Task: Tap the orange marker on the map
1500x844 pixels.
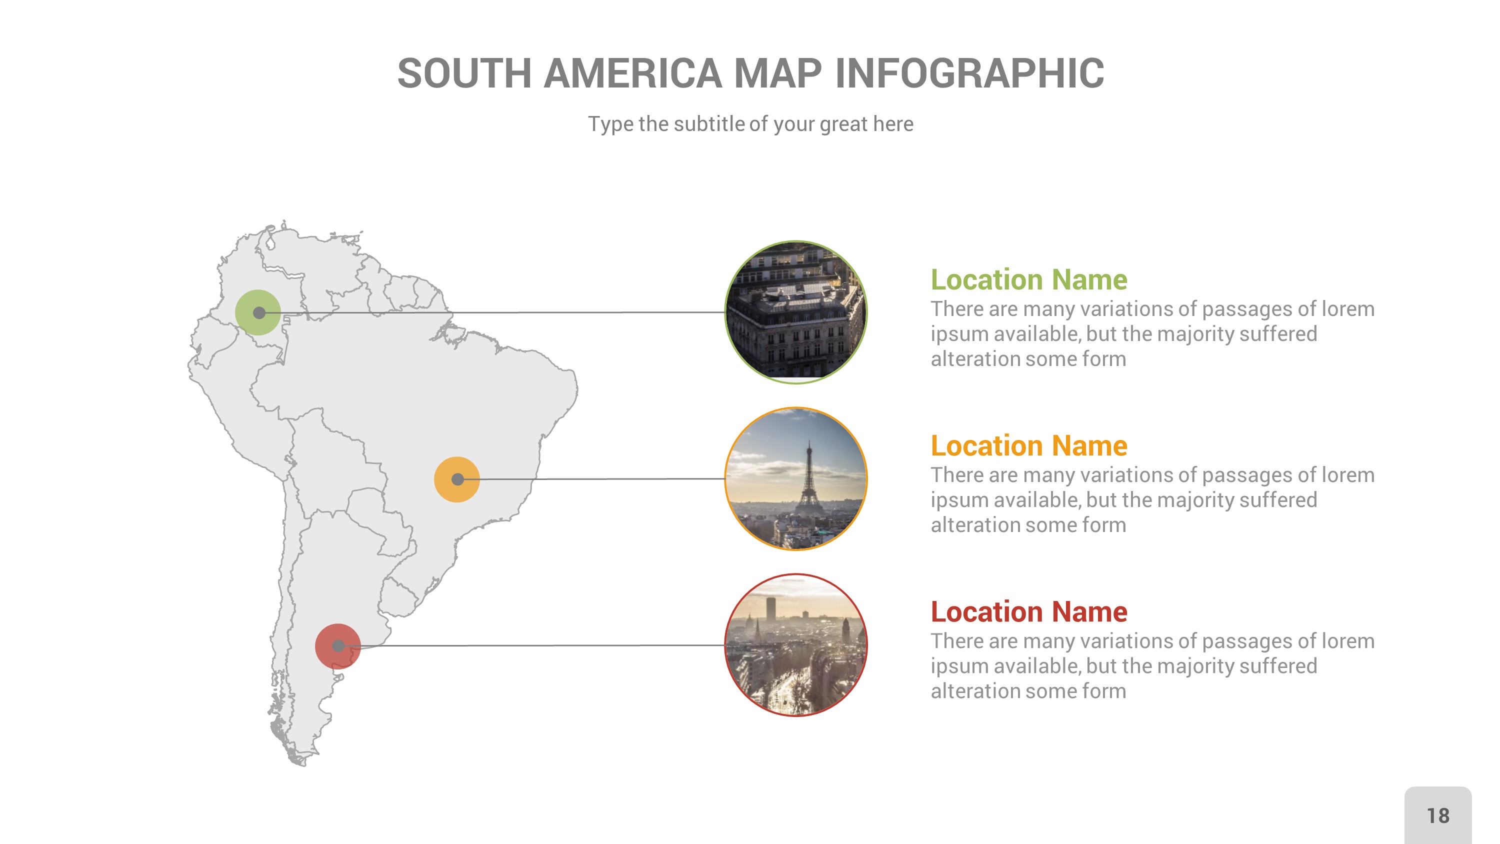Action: coord(457,479)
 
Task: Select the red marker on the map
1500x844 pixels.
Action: coord(337,646)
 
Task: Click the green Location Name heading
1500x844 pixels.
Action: coord(1028,279)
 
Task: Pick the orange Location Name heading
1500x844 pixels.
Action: coord(1028,445)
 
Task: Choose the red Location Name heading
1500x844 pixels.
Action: coord(1028,611)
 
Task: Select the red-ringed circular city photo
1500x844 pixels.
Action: coord(795,645)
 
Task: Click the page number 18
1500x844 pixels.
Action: coord(1437,815)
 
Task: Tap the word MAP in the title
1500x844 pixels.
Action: coord(778,74)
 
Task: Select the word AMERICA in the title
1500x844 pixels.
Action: coord(632,74)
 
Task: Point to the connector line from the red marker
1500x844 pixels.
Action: coord(541,645)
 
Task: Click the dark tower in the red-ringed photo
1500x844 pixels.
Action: coord(770,608)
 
